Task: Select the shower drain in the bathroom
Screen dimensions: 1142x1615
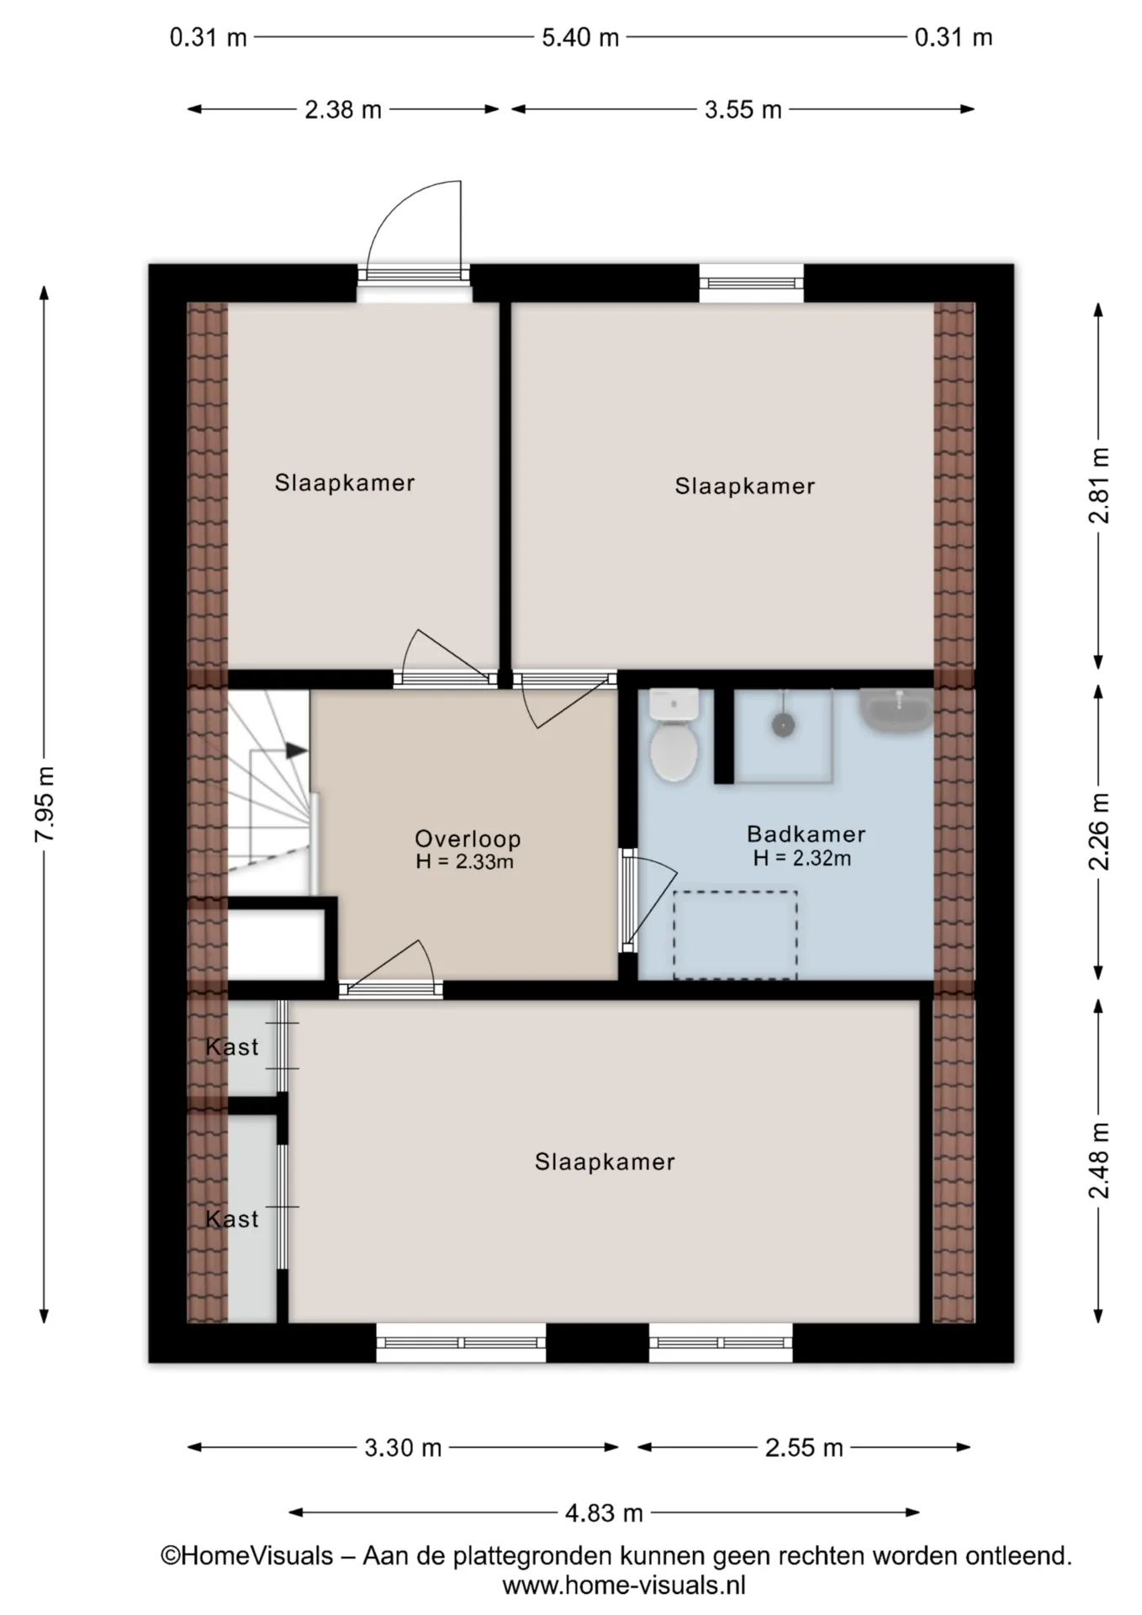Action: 784,725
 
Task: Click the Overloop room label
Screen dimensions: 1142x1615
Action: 468,838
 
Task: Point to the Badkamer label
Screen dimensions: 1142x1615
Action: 806,834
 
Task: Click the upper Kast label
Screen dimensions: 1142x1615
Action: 232,1046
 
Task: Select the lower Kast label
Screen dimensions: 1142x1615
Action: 232,1218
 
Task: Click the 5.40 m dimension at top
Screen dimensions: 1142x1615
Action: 580,38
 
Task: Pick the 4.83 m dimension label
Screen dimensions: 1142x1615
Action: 604,1513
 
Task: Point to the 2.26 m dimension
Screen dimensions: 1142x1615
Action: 1098,832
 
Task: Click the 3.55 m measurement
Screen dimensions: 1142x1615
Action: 743,109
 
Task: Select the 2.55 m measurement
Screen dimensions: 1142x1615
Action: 804,1448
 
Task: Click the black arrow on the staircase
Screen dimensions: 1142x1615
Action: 297,750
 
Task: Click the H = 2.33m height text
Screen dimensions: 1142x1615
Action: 464,861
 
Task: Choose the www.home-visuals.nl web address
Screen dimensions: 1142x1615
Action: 624,1586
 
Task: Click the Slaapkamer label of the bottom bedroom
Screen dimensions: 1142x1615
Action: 605,1162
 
